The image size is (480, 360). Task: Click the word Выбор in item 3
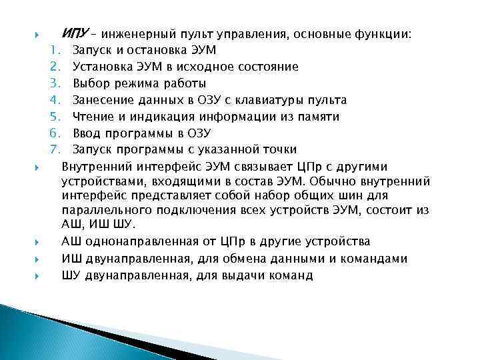(88, 83)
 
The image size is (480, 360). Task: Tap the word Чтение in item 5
(91, 117)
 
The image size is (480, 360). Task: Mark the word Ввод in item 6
(86, 133)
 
